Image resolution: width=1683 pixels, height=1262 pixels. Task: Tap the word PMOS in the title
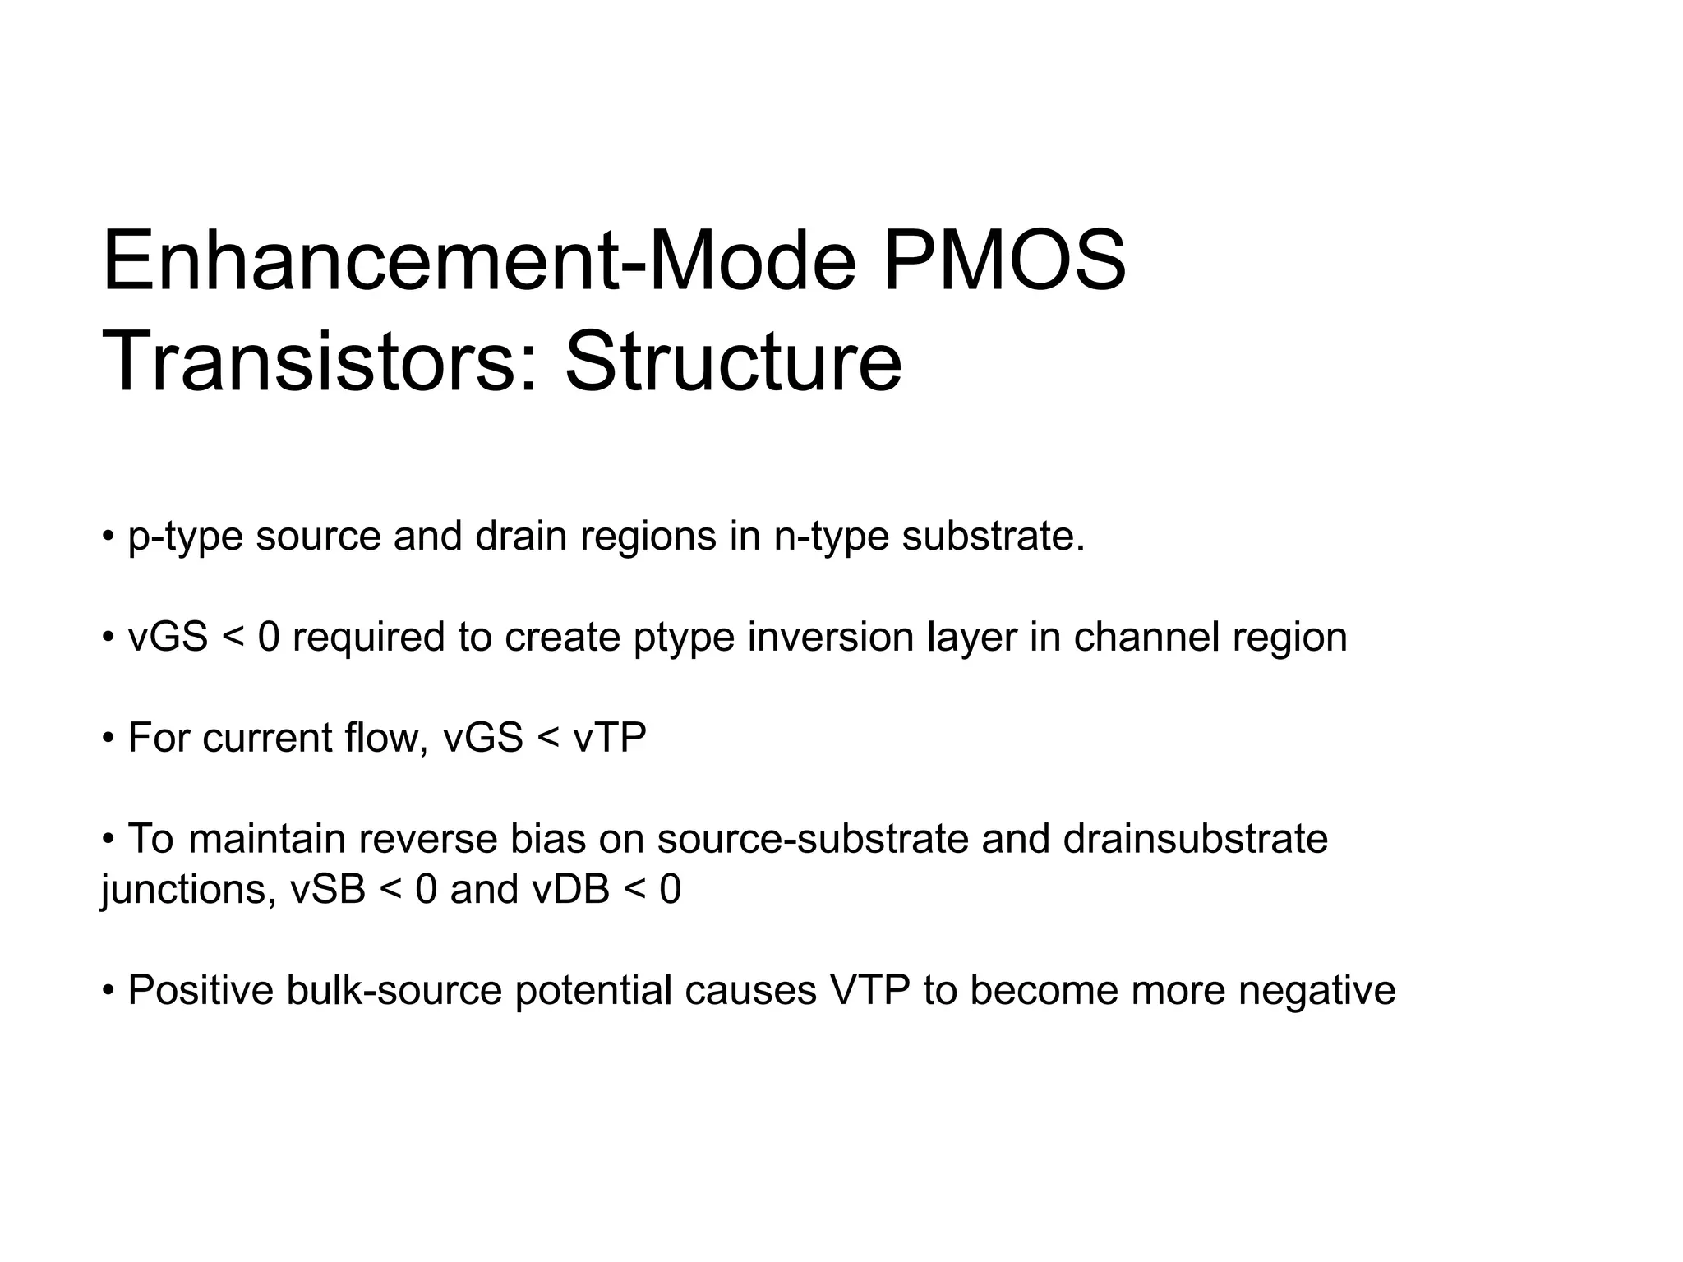tap(1003, 262)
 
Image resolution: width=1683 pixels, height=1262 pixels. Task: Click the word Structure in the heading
tap(733, 362)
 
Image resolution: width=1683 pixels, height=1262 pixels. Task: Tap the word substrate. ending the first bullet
tap(994, 536)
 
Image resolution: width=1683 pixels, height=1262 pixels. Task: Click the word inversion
tap(831, 637)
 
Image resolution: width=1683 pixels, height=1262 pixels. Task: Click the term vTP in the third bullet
tap(610, 738)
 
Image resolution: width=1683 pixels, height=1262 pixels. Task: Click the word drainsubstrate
tap(1195, 839)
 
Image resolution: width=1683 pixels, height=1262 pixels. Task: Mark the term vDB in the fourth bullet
tap(571, 890)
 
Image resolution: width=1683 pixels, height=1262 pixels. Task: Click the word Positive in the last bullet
tap(201, 991)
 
